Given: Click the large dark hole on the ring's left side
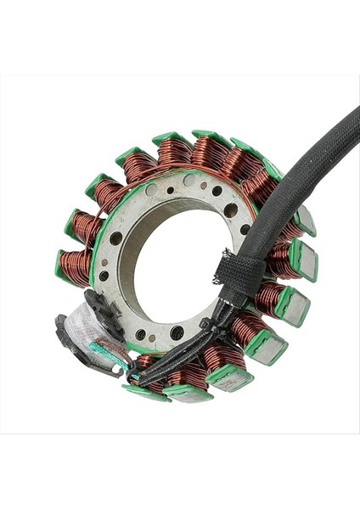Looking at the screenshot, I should (x=115, y=238).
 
